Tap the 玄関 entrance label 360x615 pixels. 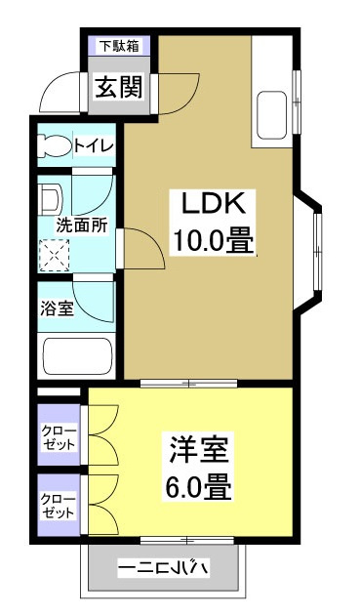click(x=118, y=88)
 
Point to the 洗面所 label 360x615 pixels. click(x=80, y=223)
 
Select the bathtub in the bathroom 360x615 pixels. click(x=76, y=355)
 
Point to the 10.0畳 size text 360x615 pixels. click(x=215, y=240)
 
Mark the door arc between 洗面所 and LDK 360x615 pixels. click(x=143, y=246)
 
